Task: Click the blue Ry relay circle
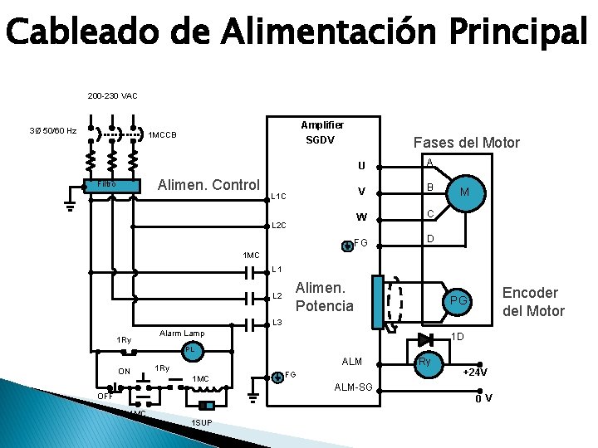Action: (424, 363)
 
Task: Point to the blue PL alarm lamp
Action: (190, 349)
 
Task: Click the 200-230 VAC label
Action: (113, 96)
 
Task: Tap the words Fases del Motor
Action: (467, 143)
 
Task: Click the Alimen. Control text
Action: (209, 183)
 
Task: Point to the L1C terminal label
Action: (278, 197)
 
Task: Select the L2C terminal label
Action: (279, 226)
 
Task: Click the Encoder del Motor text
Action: (533, 302)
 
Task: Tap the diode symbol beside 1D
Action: (426, 338)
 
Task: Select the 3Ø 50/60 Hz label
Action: (53, 131)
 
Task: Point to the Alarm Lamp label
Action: (181, 333)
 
